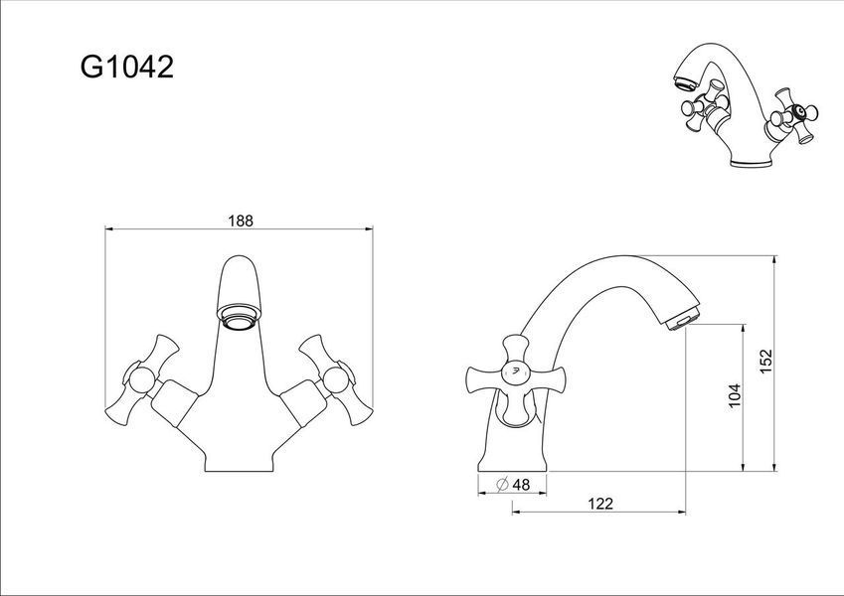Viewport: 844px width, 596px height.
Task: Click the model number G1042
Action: (127, 68)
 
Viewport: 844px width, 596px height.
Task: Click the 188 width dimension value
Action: (240, 221)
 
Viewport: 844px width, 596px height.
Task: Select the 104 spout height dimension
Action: (735, 395)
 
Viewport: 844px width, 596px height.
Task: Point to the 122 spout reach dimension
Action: (600, 504)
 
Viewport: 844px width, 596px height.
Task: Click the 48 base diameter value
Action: (521, 485)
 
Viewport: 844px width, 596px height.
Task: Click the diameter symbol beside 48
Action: (502, 485)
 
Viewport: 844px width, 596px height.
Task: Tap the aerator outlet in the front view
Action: (239, 319)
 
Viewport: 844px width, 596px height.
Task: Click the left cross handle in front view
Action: (142, 379)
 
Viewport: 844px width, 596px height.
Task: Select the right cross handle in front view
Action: (336, 379)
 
